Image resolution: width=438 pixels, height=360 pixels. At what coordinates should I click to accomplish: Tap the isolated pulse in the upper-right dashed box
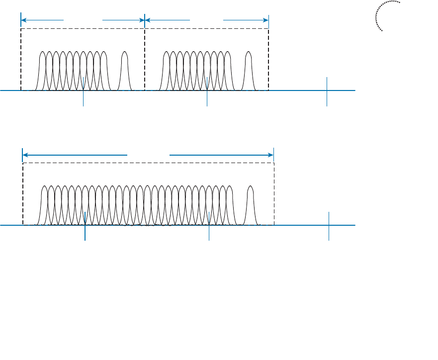(x=248, y=70)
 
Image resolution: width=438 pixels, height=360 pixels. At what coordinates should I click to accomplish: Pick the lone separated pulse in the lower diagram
(x=251, y=204)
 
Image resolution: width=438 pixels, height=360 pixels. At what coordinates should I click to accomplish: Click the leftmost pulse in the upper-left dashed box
(x=43, y=70)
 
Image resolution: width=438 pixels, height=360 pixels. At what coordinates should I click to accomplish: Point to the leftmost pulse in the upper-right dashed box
(x=167, y=70)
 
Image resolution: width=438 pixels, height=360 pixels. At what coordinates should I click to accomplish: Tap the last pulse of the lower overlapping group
(x=229, y=204)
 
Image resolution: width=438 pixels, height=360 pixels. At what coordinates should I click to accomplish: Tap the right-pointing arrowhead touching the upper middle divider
(x=141, y=20)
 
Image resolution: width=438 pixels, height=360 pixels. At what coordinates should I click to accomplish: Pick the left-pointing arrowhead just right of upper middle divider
(x=148, y=20)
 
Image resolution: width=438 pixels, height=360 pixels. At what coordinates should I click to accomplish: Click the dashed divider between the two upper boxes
(x=145, y=60)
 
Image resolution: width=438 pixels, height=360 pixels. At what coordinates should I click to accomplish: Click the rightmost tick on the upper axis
(x=327, y=91)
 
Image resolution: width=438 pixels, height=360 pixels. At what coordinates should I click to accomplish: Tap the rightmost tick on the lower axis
(x=329, y=226)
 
